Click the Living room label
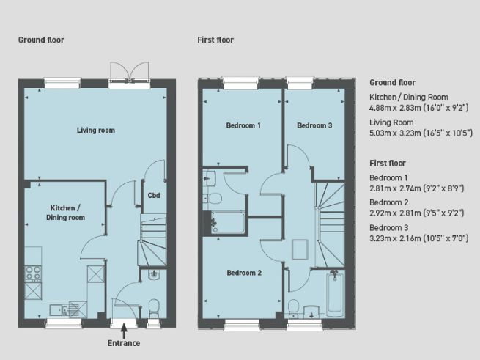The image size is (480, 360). (96, 131)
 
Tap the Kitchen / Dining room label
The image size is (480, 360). (65, 213)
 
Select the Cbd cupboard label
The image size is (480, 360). (154, 195)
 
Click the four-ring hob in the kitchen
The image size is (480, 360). (33, 273)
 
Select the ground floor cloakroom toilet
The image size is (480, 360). (153, 306)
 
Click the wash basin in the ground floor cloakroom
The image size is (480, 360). (153, 275)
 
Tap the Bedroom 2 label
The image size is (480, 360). (243, 273)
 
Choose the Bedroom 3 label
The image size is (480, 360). (314, 125)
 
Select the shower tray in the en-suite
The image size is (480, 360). (228, 221)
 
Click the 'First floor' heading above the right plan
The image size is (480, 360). (215, 39)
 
